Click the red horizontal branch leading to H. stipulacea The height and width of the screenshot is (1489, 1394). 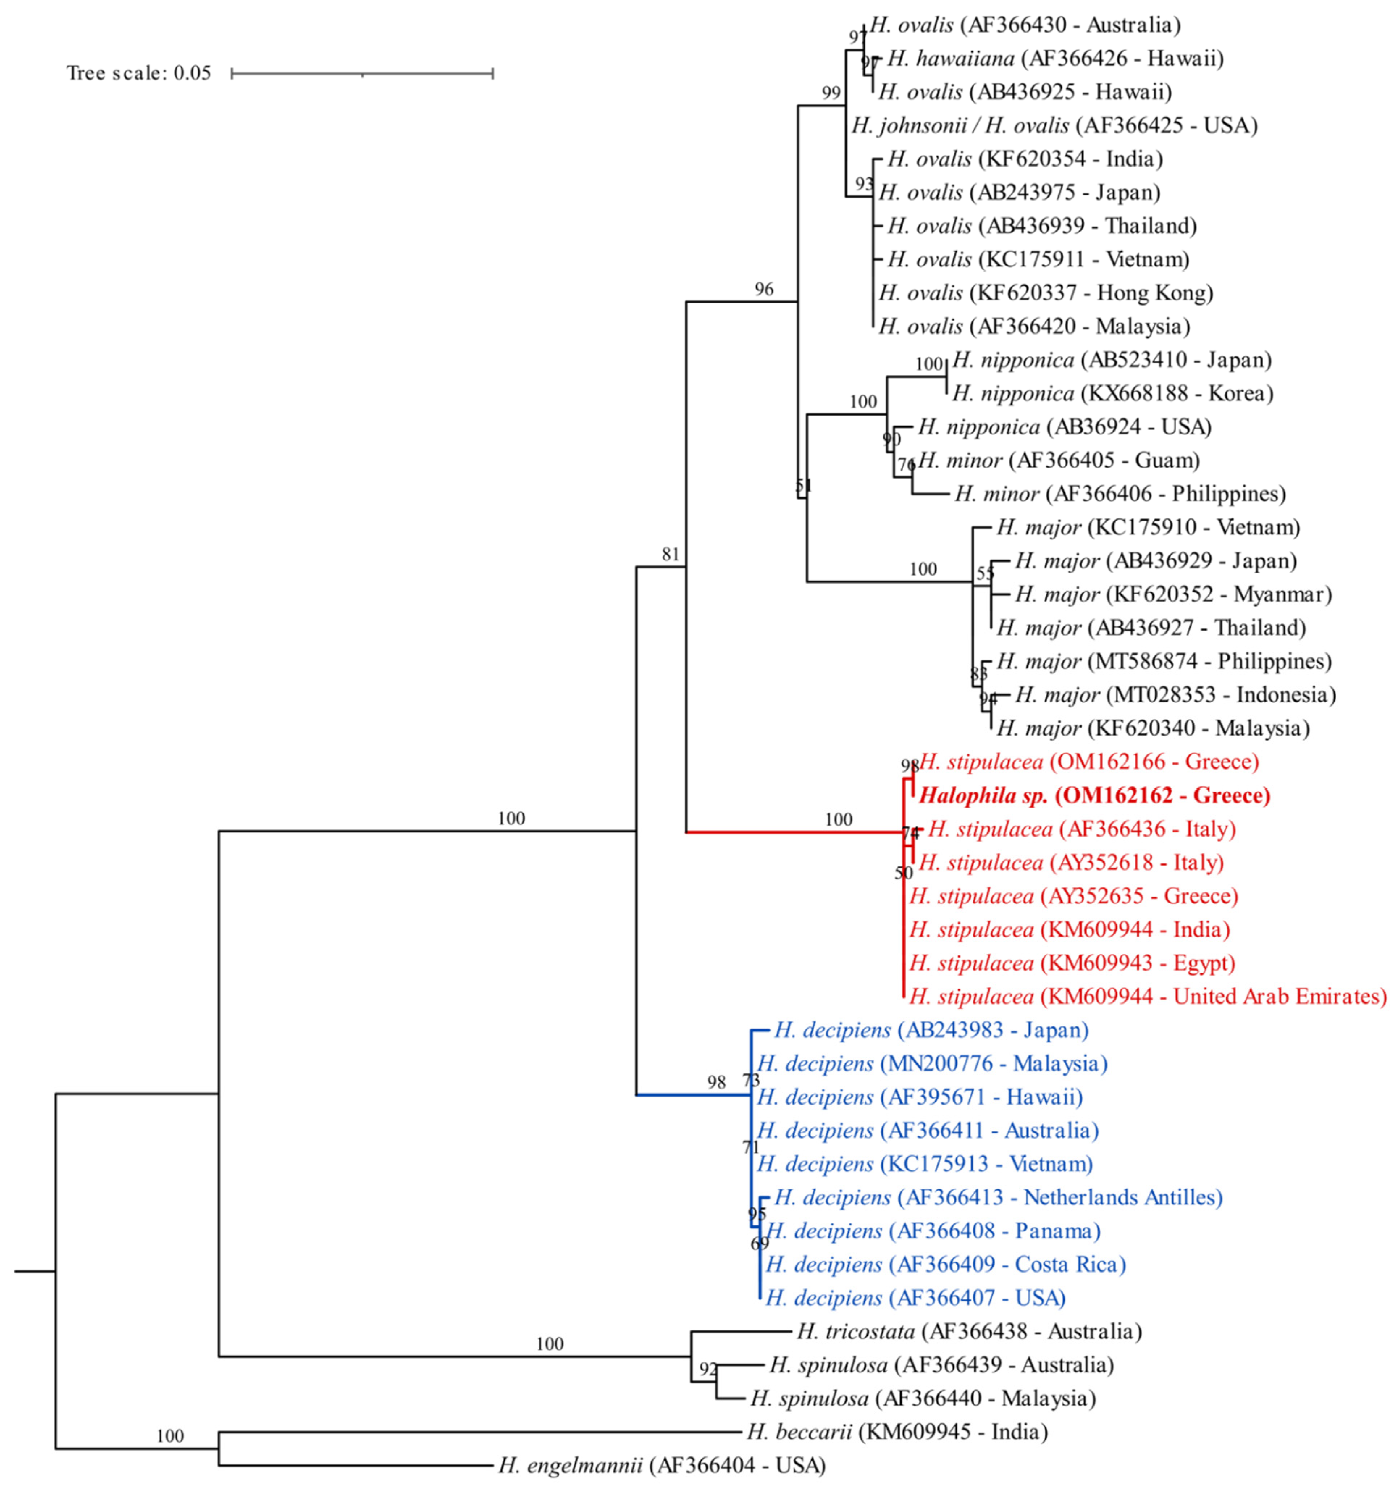794,832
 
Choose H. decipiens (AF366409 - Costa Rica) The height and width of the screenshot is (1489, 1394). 945,1264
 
